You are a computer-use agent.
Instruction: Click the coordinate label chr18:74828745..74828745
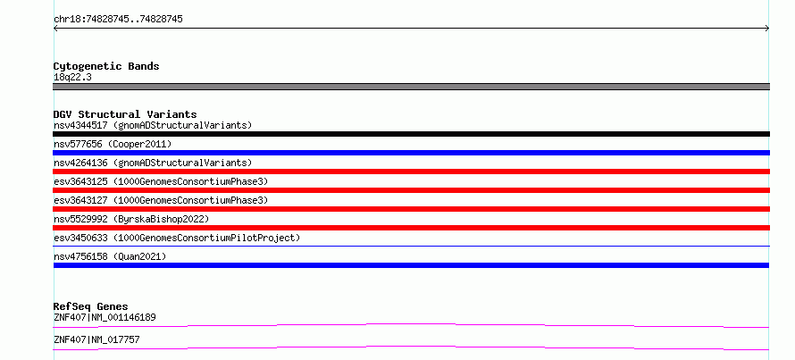[118, 20]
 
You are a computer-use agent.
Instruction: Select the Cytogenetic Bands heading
[106, 66]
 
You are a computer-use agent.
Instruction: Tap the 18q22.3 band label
[72, 78]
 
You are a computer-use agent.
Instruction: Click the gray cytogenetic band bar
[411, 87]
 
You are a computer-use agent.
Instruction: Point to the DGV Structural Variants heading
[125, 114]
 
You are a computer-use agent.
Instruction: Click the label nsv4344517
[80, 125]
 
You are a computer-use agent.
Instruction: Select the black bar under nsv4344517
[411, 134]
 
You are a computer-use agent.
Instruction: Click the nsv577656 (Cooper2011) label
[113, 144]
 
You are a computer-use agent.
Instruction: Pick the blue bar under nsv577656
[411, 153]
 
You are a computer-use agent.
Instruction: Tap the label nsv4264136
[80, 163]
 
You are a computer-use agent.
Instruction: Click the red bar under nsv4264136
[411, 172]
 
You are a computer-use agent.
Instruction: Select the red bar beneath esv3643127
[411, 209]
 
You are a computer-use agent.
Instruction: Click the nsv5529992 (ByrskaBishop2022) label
[131, 219]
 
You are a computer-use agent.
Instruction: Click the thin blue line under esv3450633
[411, 247]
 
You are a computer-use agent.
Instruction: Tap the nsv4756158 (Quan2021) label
[110, 256]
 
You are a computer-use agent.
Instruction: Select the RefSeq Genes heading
[91, 306]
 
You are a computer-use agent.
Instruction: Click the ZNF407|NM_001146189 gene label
[105, 318]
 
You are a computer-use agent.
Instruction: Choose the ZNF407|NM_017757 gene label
[96, 339]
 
